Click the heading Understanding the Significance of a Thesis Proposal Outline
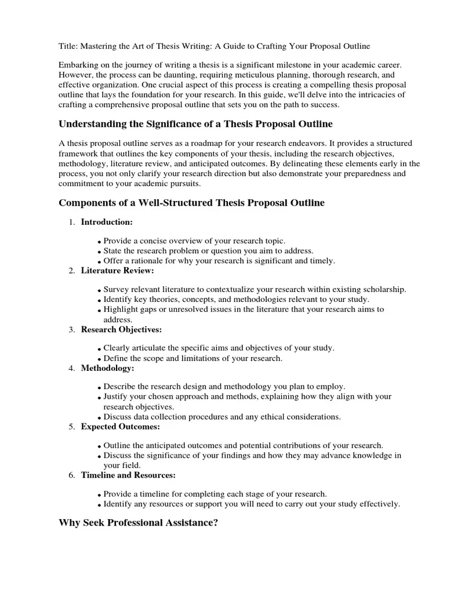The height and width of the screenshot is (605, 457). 195,124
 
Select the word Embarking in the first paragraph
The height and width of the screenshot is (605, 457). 78,66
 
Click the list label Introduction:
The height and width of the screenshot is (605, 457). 107,222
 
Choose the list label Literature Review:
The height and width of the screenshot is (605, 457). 117,271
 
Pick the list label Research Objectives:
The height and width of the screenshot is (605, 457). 121,329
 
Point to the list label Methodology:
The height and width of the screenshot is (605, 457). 107,368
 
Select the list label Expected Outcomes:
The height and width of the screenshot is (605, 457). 120,427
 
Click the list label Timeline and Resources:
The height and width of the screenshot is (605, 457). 128,475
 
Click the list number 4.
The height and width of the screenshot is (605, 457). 71,368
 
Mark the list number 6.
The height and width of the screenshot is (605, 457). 71,475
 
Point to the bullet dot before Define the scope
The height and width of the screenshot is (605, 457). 100,360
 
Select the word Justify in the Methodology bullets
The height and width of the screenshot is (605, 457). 115,397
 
